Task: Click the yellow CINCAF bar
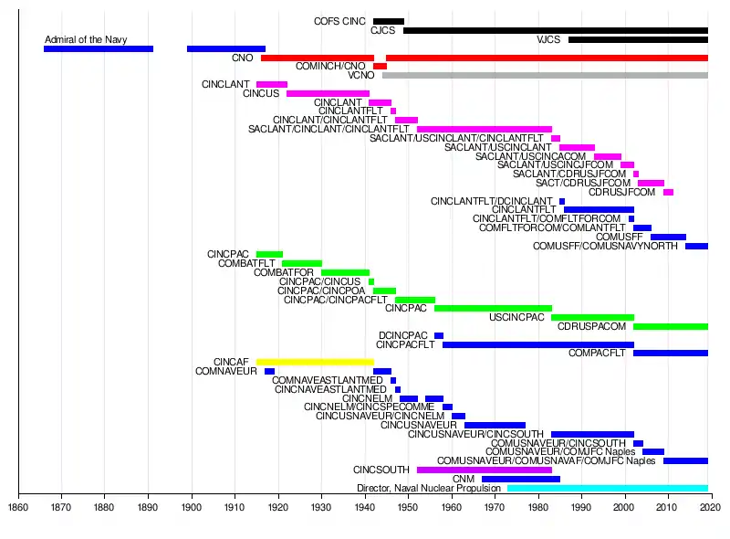315,362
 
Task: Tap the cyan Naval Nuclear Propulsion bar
607,488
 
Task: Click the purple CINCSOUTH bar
484,470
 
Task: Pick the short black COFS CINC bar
388,21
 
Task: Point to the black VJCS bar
638,39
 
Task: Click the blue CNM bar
520,479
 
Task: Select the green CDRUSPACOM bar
670,326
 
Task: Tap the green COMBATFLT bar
301,263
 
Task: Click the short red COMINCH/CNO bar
380,66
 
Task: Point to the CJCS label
382,30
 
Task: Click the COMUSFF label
620,237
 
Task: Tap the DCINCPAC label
403,335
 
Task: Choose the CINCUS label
261,93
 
